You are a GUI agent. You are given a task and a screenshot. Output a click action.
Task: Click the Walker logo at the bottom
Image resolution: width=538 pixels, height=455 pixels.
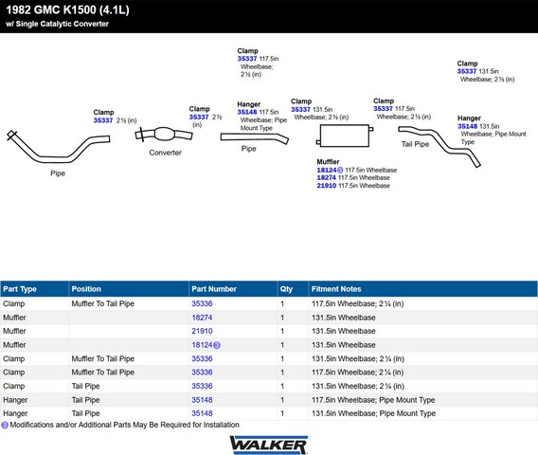point(269,445)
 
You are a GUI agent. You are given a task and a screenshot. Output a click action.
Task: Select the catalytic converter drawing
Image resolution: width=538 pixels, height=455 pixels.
point(164,135)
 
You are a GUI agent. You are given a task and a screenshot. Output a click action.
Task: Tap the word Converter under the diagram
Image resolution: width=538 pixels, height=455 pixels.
point(165,153)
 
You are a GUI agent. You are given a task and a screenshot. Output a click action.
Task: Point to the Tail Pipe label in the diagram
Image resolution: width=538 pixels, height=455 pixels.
point(415,144)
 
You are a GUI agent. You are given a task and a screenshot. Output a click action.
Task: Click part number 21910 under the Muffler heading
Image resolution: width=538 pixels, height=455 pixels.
point(326,186)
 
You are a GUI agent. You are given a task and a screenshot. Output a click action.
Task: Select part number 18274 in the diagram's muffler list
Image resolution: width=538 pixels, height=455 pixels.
point(326,178)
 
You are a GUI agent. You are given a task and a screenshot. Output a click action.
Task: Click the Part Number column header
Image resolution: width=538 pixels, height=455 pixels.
point(214,289)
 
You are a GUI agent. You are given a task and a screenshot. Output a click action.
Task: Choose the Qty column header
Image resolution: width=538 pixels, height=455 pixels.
point(286,289)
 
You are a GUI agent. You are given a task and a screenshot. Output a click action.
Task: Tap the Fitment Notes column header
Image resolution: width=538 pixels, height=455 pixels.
point(336,289)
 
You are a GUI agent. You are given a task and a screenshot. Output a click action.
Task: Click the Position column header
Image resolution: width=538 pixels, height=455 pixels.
point(86,289)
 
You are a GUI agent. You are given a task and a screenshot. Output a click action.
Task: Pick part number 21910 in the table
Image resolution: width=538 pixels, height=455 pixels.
point(202,331)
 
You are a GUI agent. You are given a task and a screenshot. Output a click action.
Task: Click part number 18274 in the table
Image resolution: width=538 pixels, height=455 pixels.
point(202,318)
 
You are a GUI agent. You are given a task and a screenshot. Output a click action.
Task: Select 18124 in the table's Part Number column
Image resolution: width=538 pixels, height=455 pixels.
point(202,345)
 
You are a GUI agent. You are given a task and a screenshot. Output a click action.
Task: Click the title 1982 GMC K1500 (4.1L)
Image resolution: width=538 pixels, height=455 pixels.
point(67,9)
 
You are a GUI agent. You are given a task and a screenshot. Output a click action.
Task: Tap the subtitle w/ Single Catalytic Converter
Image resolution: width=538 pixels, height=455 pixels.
point(57,24)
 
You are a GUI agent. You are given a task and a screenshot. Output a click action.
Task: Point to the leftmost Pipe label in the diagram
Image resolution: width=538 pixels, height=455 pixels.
point(58,173)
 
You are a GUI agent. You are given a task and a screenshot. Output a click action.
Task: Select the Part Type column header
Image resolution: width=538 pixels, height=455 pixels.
point(20,289)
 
